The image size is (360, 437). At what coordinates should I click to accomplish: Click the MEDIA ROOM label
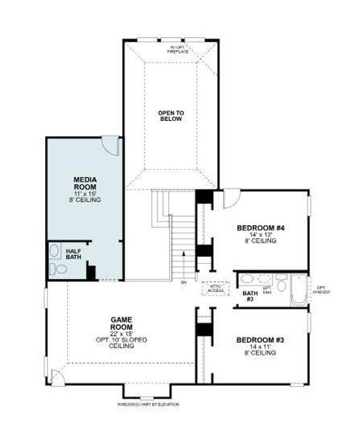click(86, 183)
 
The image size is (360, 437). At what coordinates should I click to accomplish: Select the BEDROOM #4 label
click(260, 228)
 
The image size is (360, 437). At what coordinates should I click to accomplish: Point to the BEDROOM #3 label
click(259, 340)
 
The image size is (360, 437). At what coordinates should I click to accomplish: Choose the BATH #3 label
click(249, 296)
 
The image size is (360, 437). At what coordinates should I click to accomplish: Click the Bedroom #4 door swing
click(230, 197)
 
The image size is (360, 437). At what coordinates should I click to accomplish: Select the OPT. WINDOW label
click(321, 289)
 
